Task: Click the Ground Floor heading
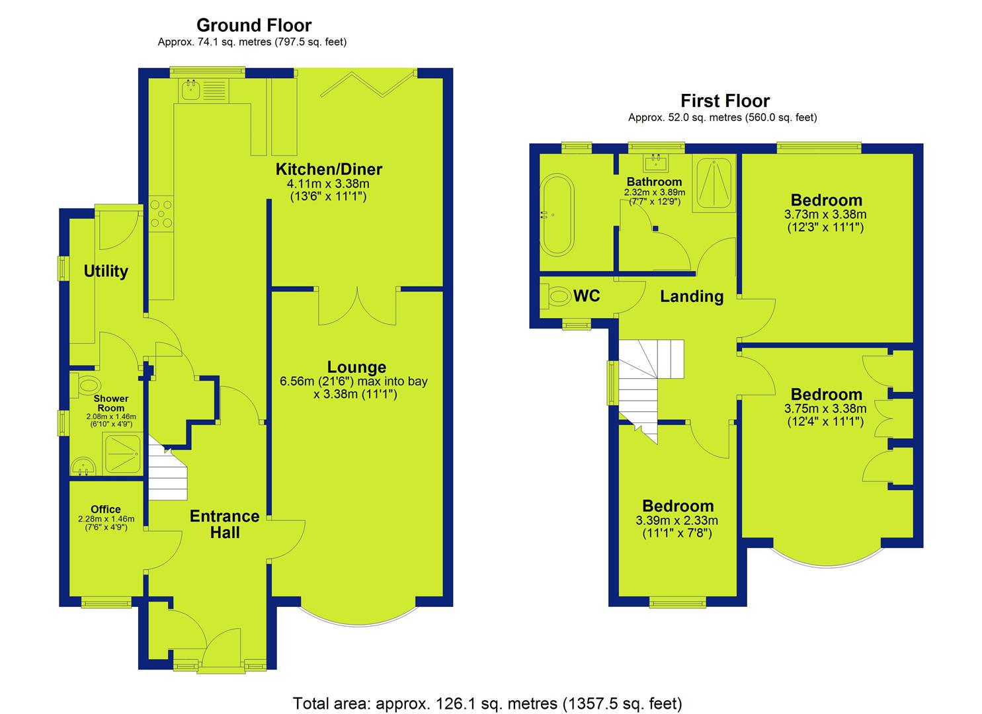point(254,25)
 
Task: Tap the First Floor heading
point(725,101)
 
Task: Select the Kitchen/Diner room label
point(329,169)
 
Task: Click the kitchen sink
point(190,90)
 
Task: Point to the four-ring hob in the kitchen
point(161,214)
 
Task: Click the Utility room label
point(106,271)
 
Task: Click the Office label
point(106,509)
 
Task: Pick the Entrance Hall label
point(224,524)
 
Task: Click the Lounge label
point(357,367)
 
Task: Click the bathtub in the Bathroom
point(557,215)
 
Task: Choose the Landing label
point(692,297)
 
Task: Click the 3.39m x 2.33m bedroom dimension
point(677,521)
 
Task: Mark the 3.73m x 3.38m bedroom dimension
point(825,215)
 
